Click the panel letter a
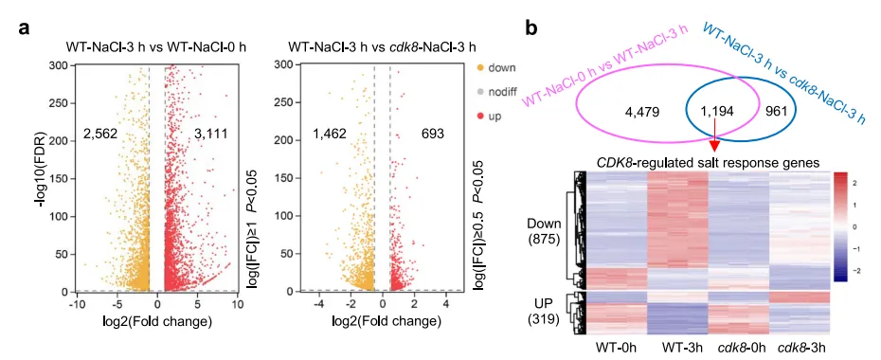pos(25,28)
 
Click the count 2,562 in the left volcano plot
pos(100,135)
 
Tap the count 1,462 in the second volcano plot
pos(330,134)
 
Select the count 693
pos(432,134)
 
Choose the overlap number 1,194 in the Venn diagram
pos(714,112)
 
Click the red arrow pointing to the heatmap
pos(715,137)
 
